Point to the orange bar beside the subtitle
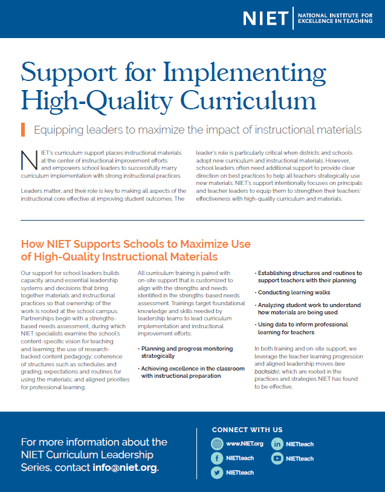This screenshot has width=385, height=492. (x=22, y=129)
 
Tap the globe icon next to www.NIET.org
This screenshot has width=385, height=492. (x=217, y=444)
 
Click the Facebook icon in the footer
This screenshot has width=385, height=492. (x=217, y=458)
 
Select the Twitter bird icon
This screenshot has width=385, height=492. (x=217, y=473)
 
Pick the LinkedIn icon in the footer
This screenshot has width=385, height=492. (x=277, y=444)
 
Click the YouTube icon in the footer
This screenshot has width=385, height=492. (x=277, y=458)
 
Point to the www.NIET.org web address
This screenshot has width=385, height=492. (x=245, y=444)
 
